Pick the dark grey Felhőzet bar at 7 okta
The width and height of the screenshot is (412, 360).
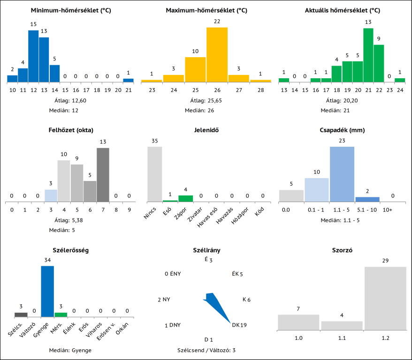103,175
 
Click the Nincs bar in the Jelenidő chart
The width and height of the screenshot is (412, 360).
155,174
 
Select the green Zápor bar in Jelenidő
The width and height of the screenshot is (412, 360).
185,199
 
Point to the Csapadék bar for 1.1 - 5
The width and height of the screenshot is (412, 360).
342,174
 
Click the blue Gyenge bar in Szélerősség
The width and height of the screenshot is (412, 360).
47,291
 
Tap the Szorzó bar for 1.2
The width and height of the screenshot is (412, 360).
385,298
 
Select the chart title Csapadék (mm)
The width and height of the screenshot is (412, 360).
342,130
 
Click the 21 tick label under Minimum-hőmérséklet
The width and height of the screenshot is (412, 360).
128,90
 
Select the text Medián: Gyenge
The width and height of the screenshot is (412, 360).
70,350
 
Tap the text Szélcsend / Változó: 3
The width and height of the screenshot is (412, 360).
206,350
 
